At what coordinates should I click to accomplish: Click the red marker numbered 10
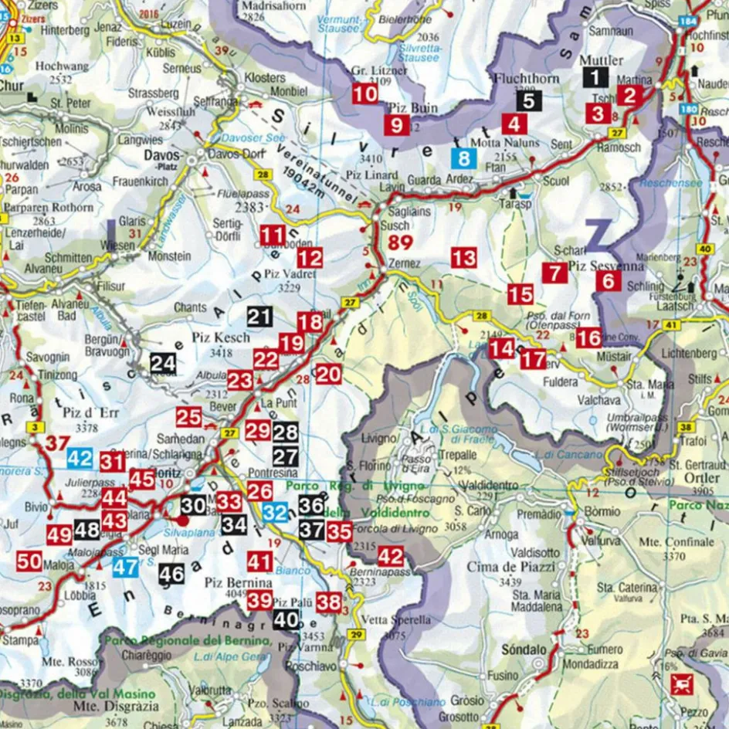click(365, 94)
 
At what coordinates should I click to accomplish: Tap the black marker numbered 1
click(595, 76)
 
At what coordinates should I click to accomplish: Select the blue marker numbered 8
click(463, 160)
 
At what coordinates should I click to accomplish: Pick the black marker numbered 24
click(163, 364)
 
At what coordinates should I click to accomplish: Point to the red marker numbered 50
click(29, 561)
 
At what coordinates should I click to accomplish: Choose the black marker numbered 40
click(286, 619)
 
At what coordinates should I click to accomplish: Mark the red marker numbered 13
click(463, 258)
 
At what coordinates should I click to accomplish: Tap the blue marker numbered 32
click(275, 511)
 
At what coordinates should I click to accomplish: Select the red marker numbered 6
click(608, 282)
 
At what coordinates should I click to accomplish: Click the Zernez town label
click(405, 264)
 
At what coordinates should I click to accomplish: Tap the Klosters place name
click(265, 78)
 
